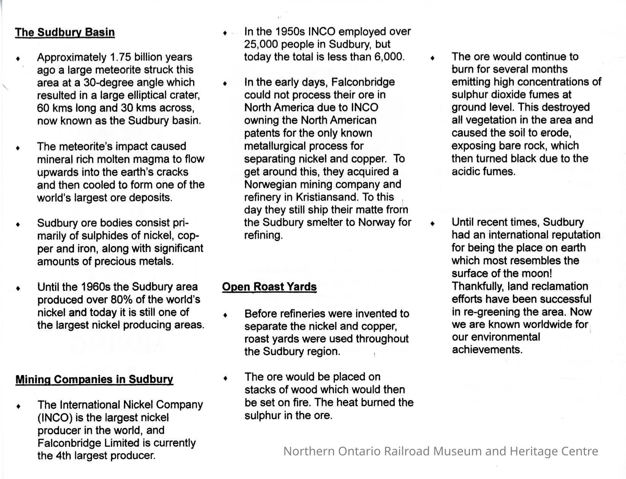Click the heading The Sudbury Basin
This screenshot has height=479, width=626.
(65, 32)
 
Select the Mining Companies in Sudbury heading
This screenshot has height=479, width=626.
(94, 379)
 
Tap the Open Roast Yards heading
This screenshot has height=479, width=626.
(269, 287)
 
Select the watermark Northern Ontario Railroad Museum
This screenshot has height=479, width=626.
(441, 451)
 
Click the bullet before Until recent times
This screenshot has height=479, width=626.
(432, 224)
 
